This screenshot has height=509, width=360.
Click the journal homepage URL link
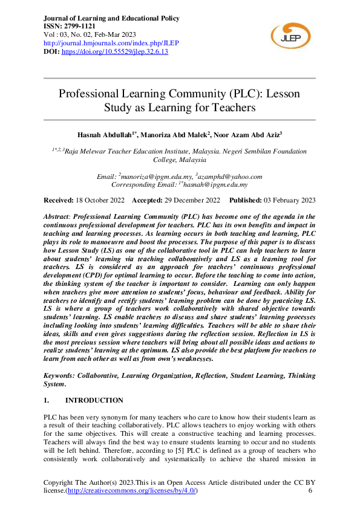pyautogui.click(x=112, y=44)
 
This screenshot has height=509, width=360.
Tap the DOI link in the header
pyautogui.click(x=116, y=52)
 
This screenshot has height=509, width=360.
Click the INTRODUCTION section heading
pyautogui.click(x=94, y=400)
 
